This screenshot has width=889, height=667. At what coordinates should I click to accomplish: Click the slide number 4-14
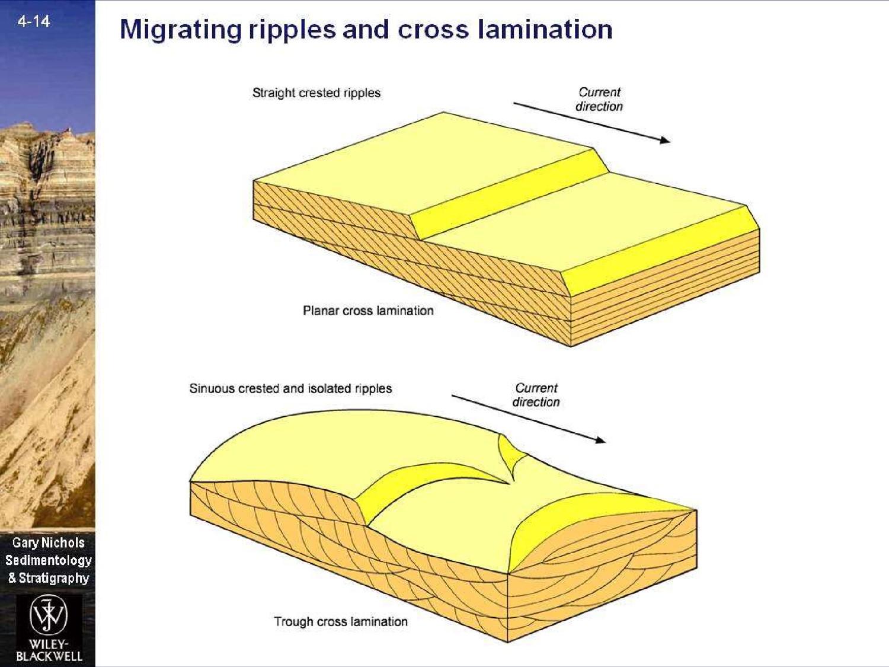34,21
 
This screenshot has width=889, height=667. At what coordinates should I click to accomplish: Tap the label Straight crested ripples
316,93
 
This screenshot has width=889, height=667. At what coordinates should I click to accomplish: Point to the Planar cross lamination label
368,311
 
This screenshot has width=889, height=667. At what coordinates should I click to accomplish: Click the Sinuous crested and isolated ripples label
290,388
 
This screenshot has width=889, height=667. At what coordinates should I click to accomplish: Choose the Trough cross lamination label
341,621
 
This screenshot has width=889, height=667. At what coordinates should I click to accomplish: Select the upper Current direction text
599,99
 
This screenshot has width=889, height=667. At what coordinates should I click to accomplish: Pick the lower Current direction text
536,395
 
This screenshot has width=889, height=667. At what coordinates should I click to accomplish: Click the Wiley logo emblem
49,615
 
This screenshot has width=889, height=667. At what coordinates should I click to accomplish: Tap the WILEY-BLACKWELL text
49,650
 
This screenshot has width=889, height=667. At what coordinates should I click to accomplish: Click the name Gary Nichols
49,542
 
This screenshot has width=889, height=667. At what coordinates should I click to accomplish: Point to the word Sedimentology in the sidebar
49,560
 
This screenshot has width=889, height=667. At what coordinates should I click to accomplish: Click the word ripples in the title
292,30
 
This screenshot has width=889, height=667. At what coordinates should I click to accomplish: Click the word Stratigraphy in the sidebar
54,578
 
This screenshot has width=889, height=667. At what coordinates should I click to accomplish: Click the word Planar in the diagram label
321,311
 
